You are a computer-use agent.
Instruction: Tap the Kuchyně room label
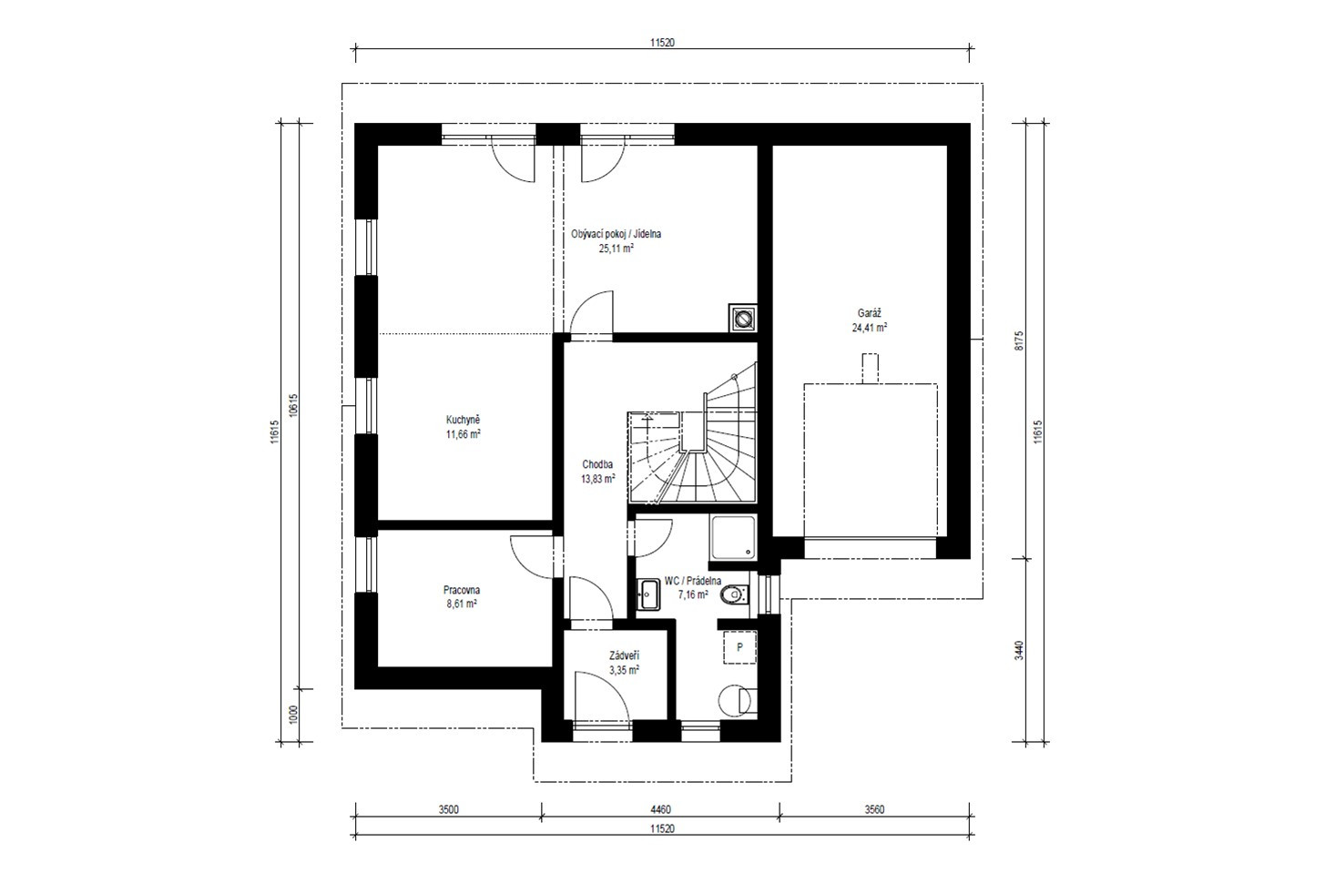point(463,420)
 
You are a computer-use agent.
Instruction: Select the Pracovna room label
point(462,590)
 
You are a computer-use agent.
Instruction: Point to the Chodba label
point(597,464)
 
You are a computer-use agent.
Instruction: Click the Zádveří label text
point(624,655)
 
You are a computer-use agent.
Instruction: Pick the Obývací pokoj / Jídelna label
point(616,234)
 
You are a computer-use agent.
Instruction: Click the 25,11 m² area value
point(617,249)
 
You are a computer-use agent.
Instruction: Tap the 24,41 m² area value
point(869,328)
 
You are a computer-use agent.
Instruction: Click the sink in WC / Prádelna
point(648,594)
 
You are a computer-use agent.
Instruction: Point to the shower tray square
point(733,537)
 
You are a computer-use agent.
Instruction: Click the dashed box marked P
point(739,647)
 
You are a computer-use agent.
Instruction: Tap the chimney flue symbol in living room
point(743,319)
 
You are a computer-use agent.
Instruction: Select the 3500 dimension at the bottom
point(448,809)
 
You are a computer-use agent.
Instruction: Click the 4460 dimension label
point(661,809)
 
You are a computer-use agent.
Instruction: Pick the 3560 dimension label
point(873,809)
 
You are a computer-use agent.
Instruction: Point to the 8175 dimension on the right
point(1019,340)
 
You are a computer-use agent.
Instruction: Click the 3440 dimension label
point(1019,651)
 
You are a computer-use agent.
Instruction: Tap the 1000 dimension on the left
point(294,715)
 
